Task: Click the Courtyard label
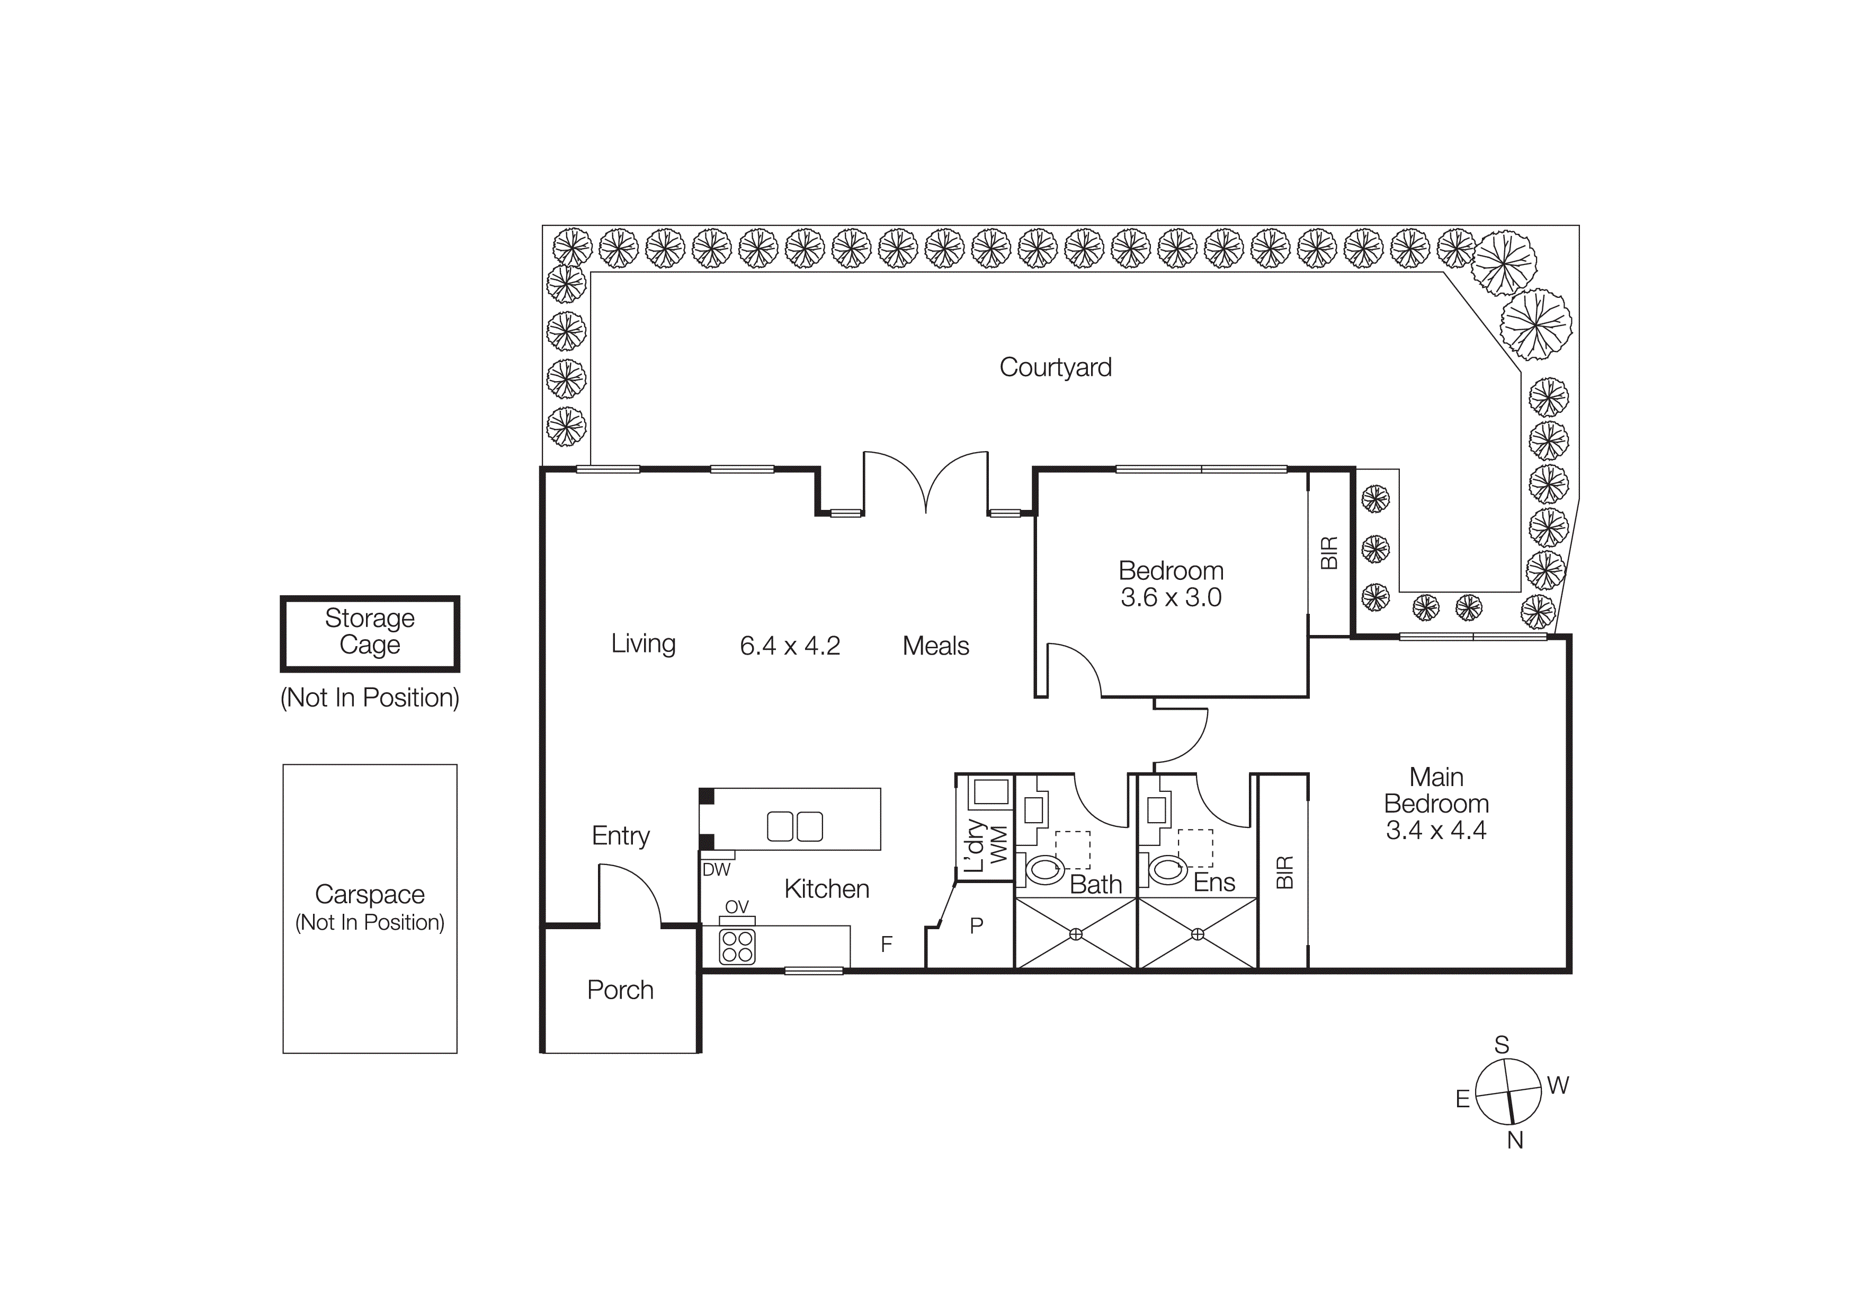pyautogui.click(x=1055, y=367)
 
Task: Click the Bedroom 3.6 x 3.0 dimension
pyautogui.click(x=1171, y=597)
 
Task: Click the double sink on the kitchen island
pyautogui.click(x=794, y=826)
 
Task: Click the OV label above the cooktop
pyautogui.click(x=736, y=907)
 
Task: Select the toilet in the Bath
pyautogui.click(x=1044, y=870)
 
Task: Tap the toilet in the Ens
pyautogui.click(x=1167, y=869)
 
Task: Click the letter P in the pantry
pyautogui.click(x=977, y=925)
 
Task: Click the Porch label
pyautogui.click(x=620, y=990)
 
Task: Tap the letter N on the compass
pyautogui.click(x=1515, y=1140)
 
